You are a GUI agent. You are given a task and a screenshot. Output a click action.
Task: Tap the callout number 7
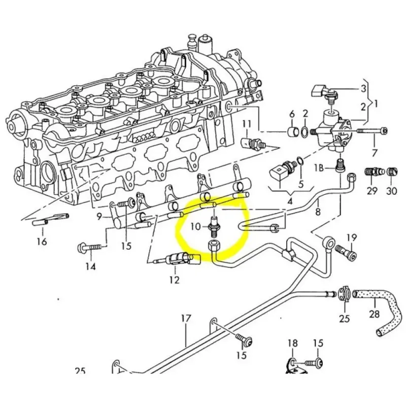375,153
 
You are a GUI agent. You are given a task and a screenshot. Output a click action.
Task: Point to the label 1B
319,167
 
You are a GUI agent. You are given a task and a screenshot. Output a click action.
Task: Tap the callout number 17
186,319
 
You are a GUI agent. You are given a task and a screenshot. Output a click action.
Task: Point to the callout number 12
174,280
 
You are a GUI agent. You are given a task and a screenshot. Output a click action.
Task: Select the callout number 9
100,217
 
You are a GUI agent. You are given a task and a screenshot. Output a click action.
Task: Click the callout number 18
293,344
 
